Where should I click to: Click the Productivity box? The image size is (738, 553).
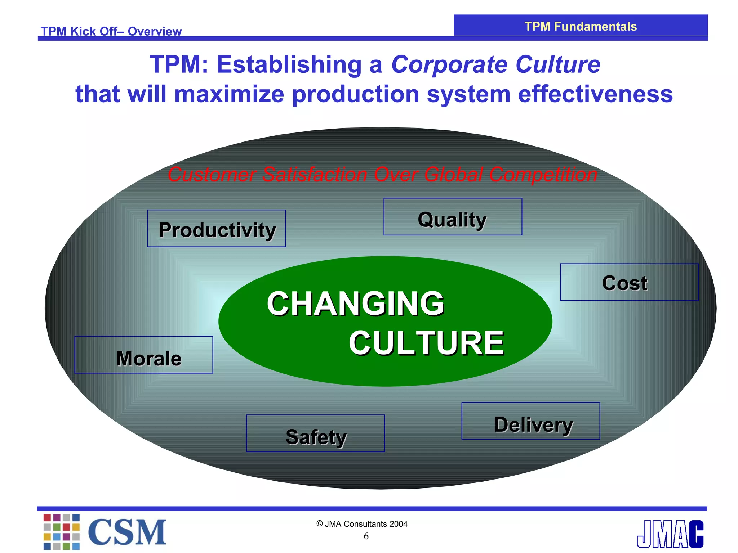click(x=217, y=229)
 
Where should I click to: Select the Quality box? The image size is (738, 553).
click(x=453, y=217)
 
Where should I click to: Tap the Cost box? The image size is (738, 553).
click(x=629, y=282)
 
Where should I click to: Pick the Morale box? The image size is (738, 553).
click(x=144, y=355)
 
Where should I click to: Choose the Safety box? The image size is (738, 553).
click(x=315, y=433)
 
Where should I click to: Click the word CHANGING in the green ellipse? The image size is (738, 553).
click(x=355, y=304)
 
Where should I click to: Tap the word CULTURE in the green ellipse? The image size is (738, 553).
click(x=426, y=343)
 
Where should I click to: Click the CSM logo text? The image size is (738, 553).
click(x=127, y=532)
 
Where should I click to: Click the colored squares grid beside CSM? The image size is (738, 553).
click(x=62, y=532)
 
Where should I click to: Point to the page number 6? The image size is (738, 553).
click(x=366, y=536)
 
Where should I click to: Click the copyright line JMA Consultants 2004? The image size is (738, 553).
click(x=362, y=524)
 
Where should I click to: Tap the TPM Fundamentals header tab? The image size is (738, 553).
click(x=581, y=26)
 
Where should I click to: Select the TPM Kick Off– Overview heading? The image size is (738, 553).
click(x=111, y=31)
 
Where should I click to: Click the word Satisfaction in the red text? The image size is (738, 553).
click(x=315, y=175)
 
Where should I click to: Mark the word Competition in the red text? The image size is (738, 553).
click(x=543, y=175)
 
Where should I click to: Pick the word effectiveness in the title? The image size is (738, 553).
click(x=595, y=94)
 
